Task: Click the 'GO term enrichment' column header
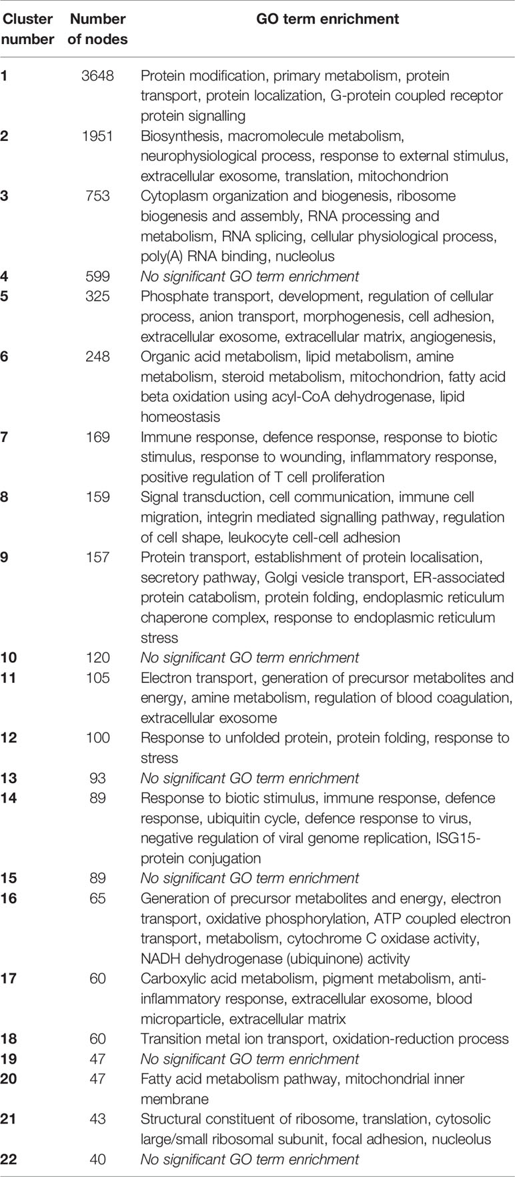(x=328, y=19)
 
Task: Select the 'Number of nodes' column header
(x=97, y=29)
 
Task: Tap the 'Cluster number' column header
(x=27, y=29)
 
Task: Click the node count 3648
(x=97, y=76)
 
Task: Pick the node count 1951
(x=97, y=136)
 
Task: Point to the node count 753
(x=97, y=196)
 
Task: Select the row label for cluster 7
(x=5, y=437)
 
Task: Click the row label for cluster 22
(x=9, y=1159)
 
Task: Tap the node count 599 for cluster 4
(x=97, y=276)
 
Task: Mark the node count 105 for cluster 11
(x=97, y=678)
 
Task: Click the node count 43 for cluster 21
(x=97, y=1119)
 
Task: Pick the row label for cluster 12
(x=9, y=738)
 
